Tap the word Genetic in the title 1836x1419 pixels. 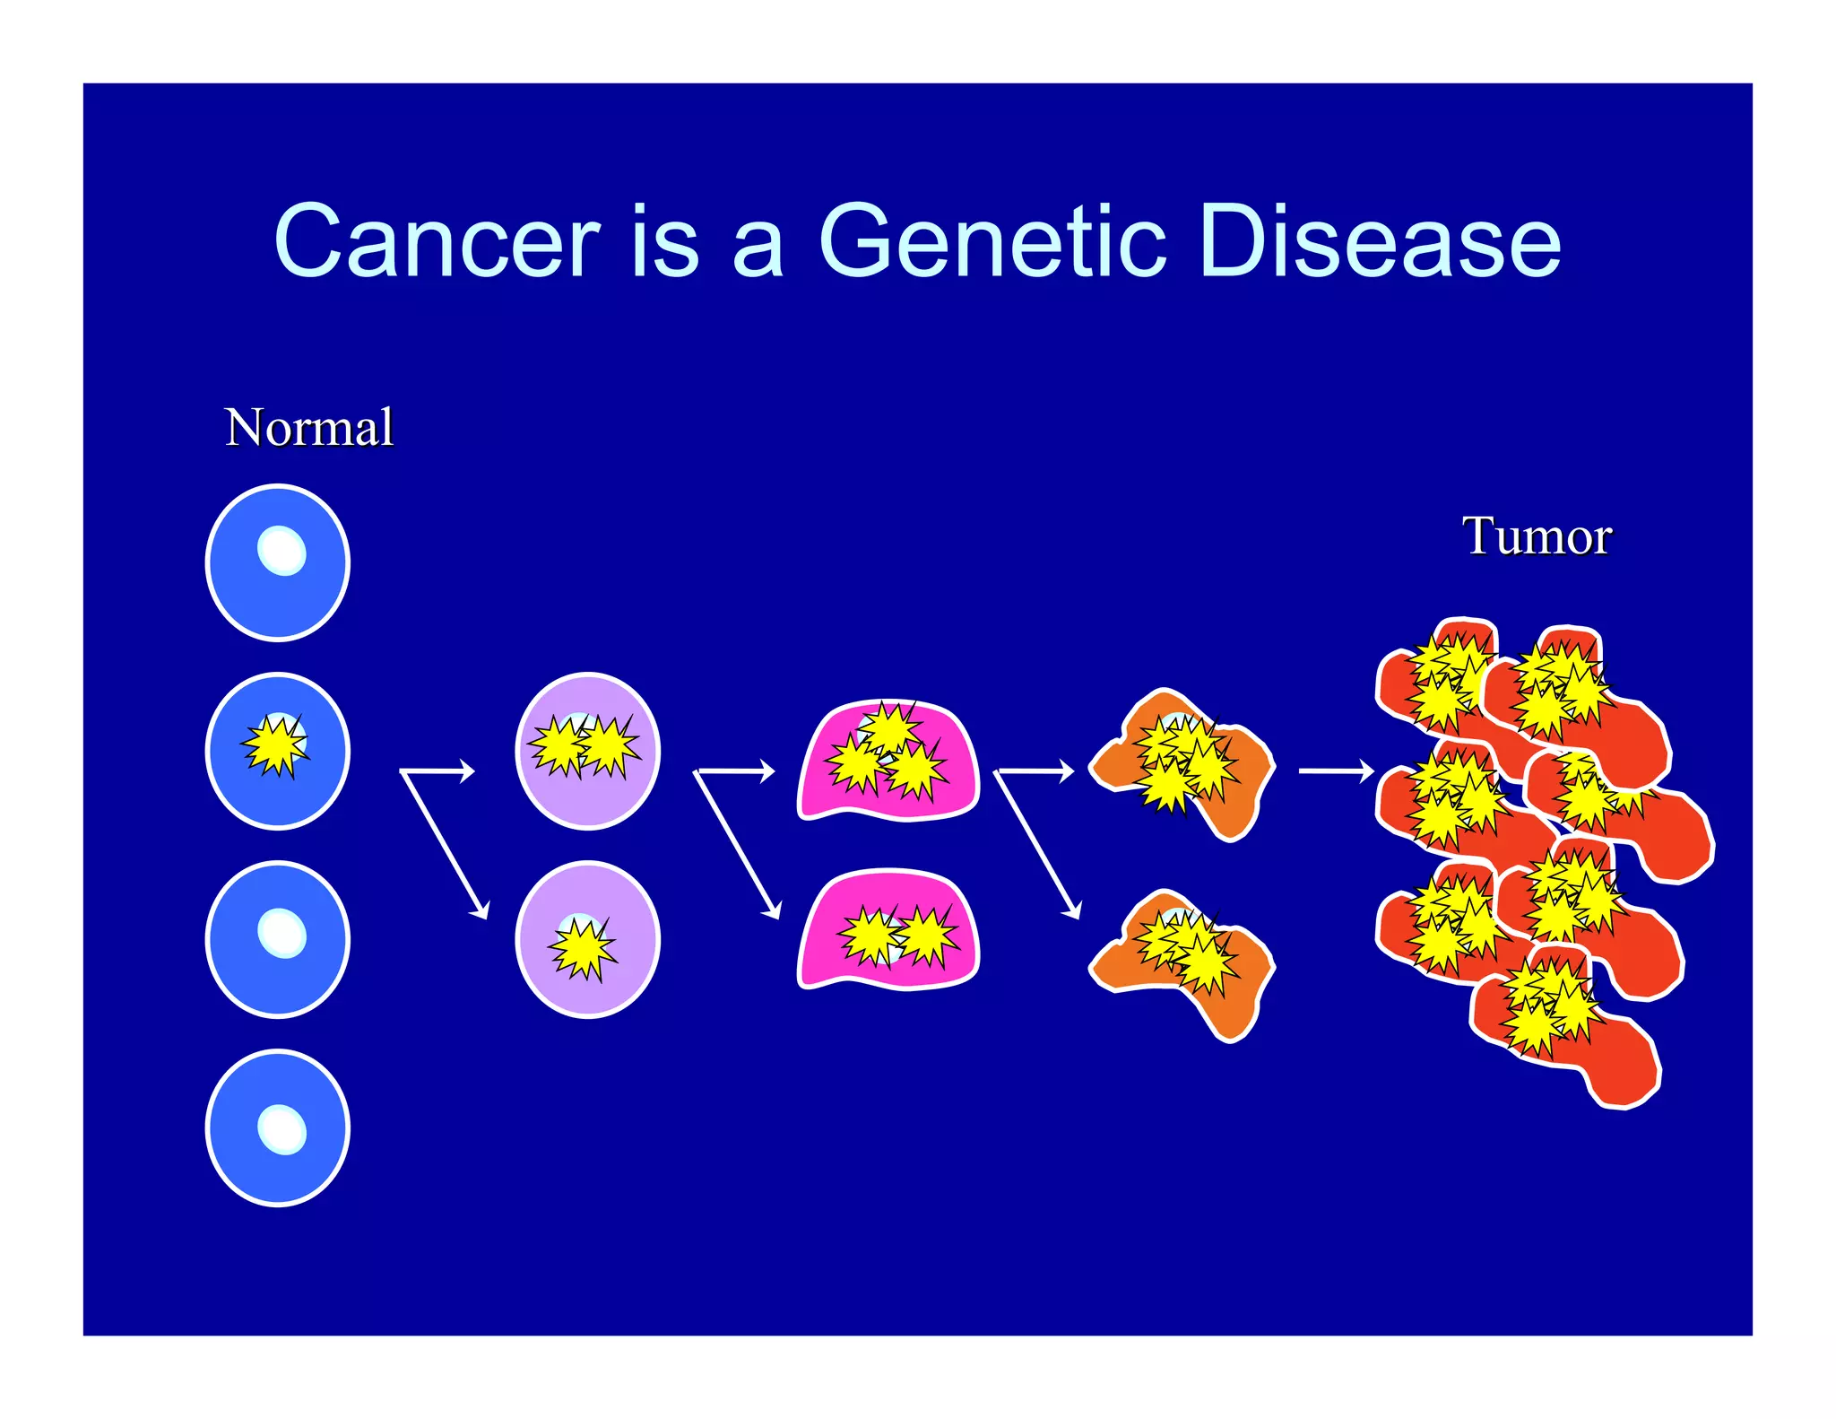(x=992, y=240)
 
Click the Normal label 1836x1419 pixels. (x=308, y=427)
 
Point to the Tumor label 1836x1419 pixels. (x=1537, y=536)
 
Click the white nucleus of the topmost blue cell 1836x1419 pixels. (x=281, y=550)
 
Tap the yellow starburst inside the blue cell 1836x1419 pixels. (x=275, y=745)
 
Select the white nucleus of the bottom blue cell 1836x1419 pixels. (x=281, y=1128)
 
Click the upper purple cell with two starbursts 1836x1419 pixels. (x=587, y=752)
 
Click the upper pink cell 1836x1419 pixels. (x=888, y=762)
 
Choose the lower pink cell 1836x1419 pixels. (x=888, y=933)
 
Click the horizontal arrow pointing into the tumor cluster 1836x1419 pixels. (x=1336, y=770)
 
